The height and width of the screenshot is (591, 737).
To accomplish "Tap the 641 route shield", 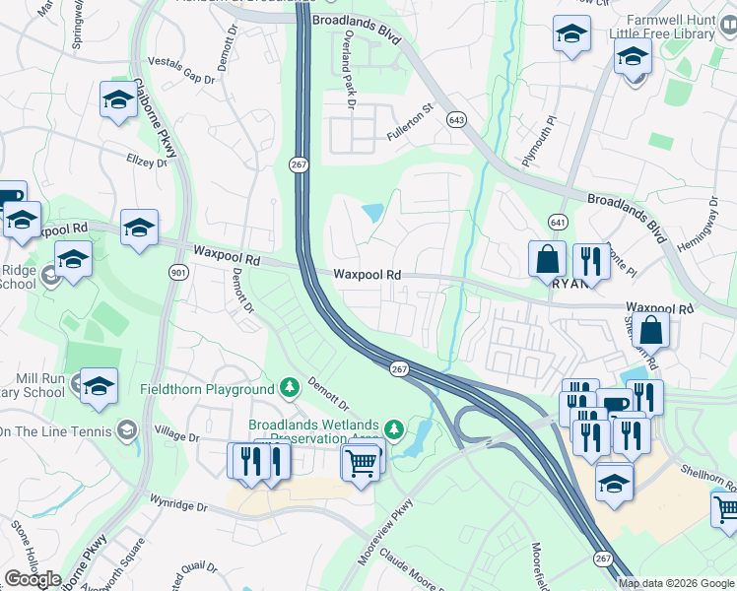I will tap(558, 223).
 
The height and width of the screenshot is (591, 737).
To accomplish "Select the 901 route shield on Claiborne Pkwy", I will tap(177, 272).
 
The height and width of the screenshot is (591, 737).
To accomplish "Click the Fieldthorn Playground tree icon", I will tap(289, 386).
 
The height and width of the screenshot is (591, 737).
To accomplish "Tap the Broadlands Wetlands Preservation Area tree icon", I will tap(393, 428).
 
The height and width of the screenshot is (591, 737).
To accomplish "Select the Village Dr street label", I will tap(177, 437).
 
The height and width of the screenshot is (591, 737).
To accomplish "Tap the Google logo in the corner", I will tap(33, 579).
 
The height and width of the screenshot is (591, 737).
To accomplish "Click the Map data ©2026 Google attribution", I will tap(676, 583).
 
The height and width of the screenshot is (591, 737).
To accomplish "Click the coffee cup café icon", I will tap(617, 404).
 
